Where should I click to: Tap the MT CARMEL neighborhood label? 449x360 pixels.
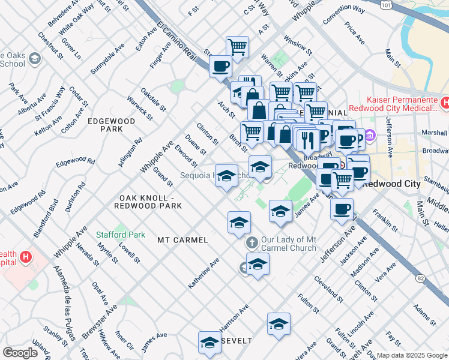pos(182,240)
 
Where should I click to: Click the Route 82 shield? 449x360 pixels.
pos(420,278)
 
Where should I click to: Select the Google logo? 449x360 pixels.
pos(20,352)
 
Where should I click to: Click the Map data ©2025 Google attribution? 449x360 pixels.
pos(412,355)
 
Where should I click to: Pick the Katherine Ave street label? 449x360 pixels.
pos(203,274)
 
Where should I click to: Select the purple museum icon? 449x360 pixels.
pos(370,136)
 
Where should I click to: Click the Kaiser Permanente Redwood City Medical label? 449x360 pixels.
pos(400,103)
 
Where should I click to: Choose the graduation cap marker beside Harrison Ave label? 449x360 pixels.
pos(279,324)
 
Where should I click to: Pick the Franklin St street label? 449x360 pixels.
pos(385,220)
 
